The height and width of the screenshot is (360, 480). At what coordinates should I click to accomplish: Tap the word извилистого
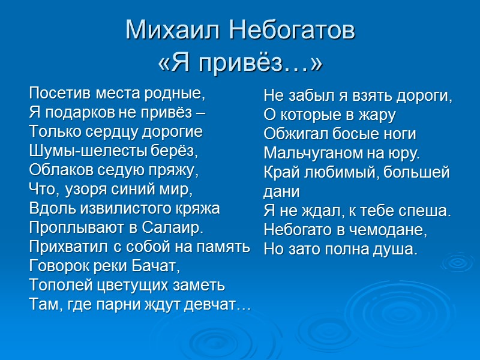pyautogui.click(x=119, y=209)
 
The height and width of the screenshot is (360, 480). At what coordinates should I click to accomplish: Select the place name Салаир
pyautogui.click(x=173, y=228)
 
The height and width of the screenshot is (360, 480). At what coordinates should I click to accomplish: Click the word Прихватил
pyautogui.click(x=65, y=247)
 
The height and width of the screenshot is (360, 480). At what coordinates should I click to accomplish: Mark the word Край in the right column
pyautogui.click(x=279, y=173)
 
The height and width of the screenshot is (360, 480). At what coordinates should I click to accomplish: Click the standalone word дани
pyautogui.click(x=281, y=192)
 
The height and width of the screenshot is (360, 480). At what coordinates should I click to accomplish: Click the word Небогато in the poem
pyautogui.click(x=298, y=230)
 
